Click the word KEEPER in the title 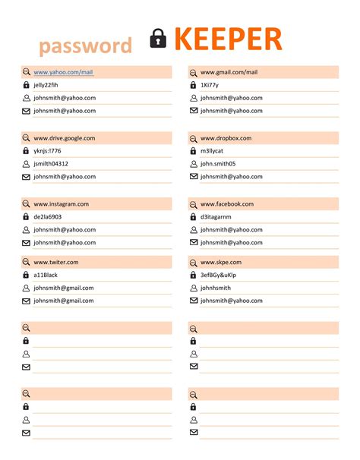pyautogui.click(x=228, y=39)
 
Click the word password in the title pyautogui.click(x=86, y=46)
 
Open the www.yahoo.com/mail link pyautogui.click(x=63, y=72)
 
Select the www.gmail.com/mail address pyautogui.click(x=229, y=72)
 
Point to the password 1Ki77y pyautogui.click(x=210, y=85)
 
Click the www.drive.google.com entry pyautogui.click(x=64, y=138)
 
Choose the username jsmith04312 pyautogui.click(x=51, y=164)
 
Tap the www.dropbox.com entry pyautogui.click(x=226, y=138)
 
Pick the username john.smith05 pyautogui.click(x=218, y=164)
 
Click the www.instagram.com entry pyautogui.click(x=61, y=204)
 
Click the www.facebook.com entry pyautogui.click(x=226, y=204)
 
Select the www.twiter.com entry pyautogui.click(x=55, y=263)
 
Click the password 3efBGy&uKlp pyautogui.click(x=218, y=276)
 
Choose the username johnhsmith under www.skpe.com pyautogui.click(x=215, y=288)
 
